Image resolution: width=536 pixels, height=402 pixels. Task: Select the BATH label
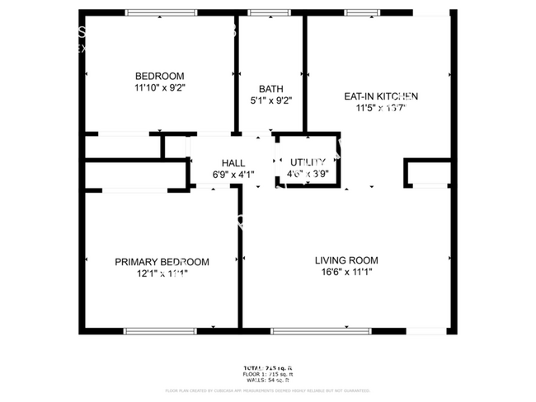click(x=270, y=89)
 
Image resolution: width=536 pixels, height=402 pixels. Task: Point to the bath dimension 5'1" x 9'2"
click(x=270, y=100)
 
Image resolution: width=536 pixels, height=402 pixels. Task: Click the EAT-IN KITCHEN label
click(x=381, y=96)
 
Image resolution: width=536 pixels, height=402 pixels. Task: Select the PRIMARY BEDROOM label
click(x=162, y=262)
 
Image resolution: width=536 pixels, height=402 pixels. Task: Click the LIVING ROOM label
click(x=346, y=260)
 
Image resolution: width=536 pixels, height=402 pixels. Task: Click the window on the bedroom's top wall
click(x=162, y=13)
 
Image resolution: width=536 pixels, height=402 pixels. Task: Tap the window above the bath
click(x=264, y=13)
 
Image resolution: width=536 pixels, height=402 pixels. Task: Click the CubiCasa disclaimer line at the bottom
click(x=268, y=391)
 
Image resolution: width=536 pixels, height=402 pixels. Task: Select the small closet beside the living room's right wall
click(x=427, y=173)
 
